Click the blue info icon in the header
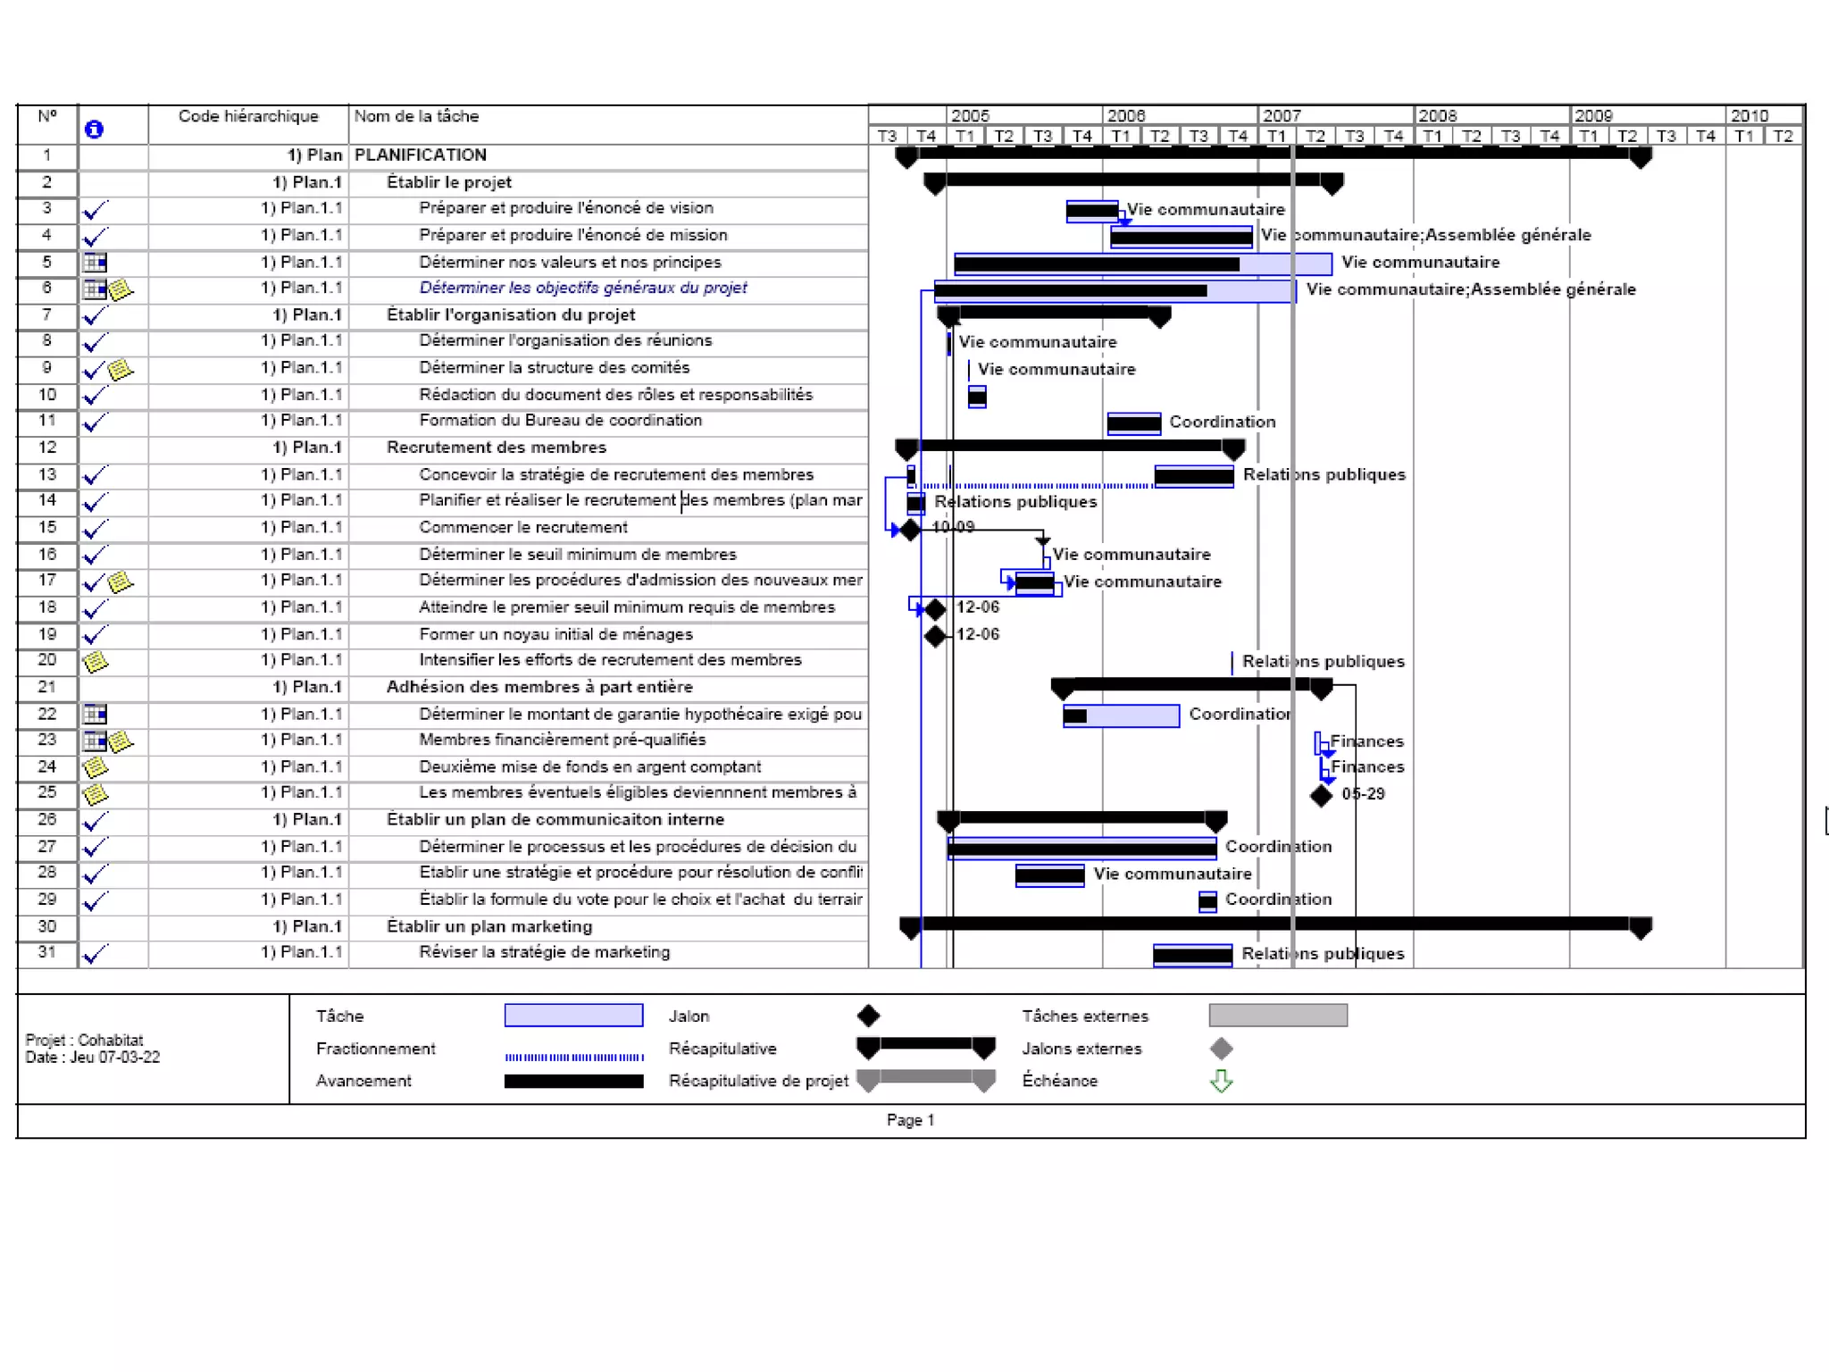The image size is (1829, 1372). click(94, 130)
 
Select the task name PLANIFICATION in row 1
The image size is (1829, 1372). click(421, 155)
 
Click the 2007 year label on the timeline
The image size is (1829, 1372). click(1282, 115)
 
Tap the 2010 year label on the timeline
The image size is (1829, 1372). click(1749, 115)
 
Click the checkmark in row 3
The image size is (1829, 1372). click(95, 211)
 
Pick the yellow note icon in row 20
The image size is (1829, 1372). click(96, 662)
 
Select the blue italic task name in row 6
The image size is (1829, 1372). click(583, 288)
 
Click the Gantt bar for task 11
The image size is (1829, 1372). click(1134, 422)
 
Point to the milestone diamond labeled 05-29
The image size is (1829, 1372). click(1321, 795)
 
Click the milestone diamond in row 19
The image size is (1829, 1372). click(935, 636)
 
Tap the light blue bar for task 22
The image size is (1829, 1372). click(1121, 715)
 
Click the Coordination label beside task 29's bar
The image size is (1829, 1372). click(1278, 899)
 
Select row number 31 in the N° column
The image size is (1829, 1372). click(47, 952)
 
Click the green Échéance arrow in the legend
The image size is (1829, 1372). click(1221, 1081)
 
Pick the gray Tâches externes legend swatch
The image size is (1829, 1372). click(1278, 1015)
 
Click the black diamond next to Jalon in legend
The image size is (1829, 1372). click(868, 1016)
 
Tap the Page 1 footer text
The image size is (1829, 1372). click(910, 1120)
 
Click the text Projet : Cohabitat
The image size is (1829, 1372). click(84, 1041)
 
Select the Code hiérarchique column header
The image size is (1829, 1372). click(248, 116)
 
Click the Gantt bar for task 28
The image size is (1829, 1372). click(1050, 875)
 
